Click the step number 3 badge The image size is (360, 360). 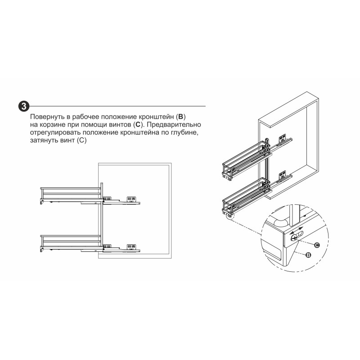point(24,106)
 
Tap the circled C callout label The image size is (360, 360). point(317,245)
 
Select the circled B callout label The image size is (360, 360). point(308,255)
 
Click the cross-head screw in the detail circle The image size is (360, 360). point(294,238)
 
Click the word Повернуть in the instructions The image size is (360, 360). point(48,117)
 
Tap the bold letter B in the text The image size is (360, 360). point(181,117)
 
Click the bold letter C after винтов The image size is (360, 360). point(138,125)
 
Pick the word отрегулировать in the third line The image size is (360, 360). point(55,132)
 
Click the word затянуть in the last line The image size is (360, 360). point(44,140)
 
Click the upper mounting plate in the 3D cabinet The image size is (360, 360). point(283,139)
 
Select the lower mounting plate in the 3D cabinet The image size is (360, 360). point(283,175)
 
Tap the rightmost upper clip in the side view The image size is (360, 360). point(131,198)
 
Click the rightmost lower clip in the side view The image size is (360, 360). point(131,247)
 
